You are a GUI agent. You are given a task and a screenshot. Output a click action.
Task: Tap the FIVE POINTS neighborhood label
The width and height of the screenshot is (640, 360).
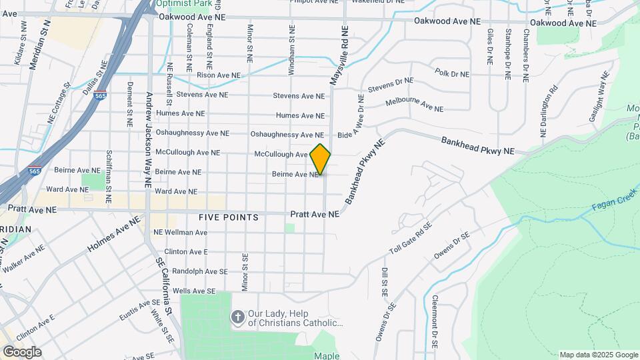[229, 218]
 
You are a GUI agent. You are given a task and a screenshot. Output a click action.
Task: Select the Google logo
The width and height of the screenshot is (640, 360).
[22, 352]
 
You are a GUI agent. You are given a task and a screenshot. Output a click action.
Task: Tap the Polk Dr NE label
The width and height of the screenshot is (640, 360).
[451, 73]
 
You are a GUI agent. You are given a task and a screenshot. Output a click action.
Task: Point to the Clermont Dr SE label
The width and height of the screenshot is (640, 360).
[434, 322]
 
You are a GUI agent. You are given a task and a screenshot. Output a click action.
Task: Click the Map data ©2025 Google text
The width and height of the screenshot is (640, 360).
[598, 355]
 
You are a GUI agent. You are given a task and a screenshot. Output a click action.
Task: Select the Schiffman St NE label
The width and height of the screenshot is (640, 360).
[108, 175]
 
